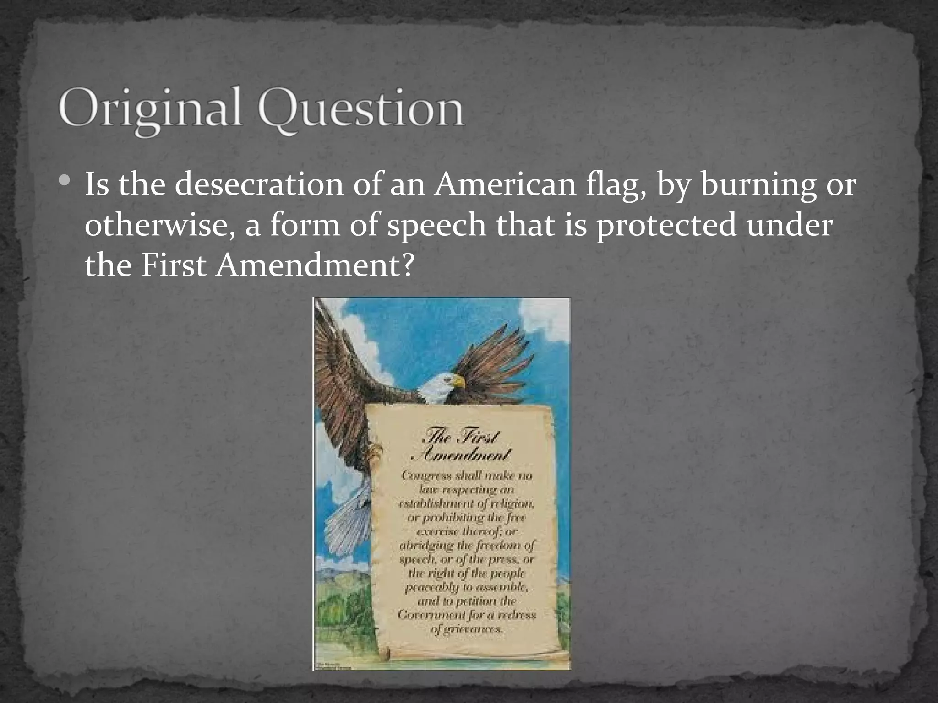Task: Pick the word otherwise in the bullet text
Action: (x=158, y=226)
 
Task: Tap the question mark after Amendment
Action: (x=406, y=265)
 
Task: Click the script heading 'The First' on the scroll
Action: (x=460, y=438)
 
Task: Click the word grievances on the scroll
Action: (x=467, y=629)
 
